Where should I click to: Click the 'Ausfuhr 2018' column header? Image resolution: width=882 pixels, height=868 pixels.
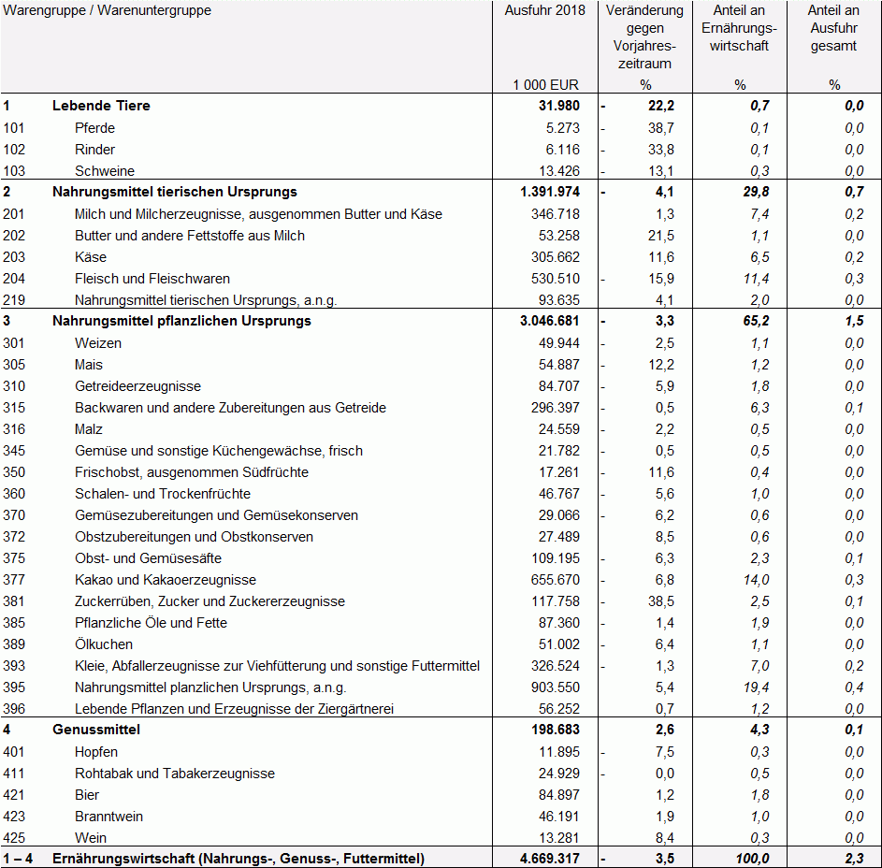pyautogui.click(x=544, y=11)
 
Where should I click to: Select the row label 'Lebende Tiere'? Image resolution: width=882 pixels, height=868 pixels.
pyautogui.click(x=101, y=106)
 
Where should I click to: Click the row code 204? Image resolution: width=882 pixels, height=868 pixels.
pyautogui.click(x=14, y=279)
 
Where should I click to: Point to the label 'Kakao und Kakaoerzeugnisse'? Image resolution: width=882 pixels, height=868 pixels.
pyautogui.click(x=166, y=580)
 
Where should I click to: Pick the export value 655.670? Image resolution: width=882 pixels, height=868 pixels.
pyautogui.click(x=556, y=580)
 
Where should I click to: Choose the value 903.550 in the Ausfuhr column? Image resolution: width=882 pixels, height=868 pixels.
pyautogui.click(x=556, y=687)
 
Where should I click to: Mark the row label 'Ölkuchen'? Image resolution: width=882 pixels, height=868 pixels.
pyautogui.click(x=104, y=644)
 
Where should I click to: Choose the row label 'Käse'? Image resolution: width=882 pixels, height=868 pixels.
pyautogui.click(x=91, y=257)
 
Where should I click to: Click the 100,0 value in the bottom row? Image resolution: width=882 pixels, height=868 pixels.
pyautogui.click(x=751, y=859)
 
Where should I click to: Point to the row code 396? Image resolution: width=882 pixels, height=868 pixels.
pyautogui.click(x=14, y=709)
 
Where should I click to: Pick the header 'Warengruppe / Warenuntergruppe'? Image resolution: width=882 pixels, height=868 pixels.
pyautogui.click(x=108, y=11)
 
